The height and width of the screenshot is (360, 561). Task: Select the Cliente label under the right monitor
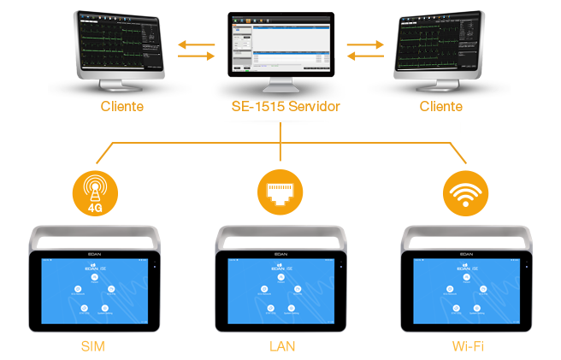[440, 108]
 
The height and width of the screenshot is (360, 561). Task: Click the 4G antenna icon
[92, 191]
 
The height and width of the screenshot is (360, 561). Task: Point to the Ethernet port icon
[280, 192]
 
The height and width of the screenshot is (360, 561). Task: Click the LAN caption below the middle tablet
[280, 346]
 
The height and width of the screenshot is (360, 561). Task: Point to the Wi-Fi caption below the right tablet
[467, 346]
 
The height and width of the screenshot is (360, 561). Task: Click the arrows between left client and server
[196, 48]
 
